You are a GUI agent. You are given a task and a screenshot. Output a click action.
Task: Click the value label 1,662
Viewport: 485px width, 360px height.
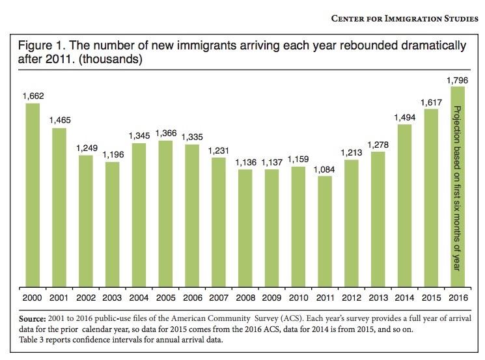(x=33, y=96)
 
